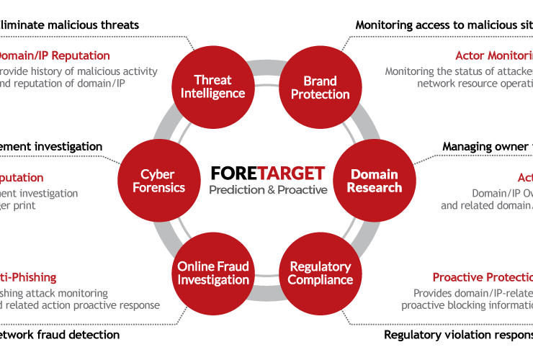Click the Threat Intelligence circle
click(212, 86)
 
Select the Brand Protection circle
click(315, 86)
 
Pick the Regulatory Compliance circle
click(321, 273)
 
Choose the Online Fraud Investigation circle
click(213, 273)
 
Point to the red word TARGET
click(291, 174)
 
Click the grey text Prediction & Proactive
click(268, 190)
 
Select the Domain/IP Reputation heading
click(53, 55)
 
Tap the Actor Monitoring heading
click(493, 55)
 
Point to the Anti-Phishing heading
click(29, 277)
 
